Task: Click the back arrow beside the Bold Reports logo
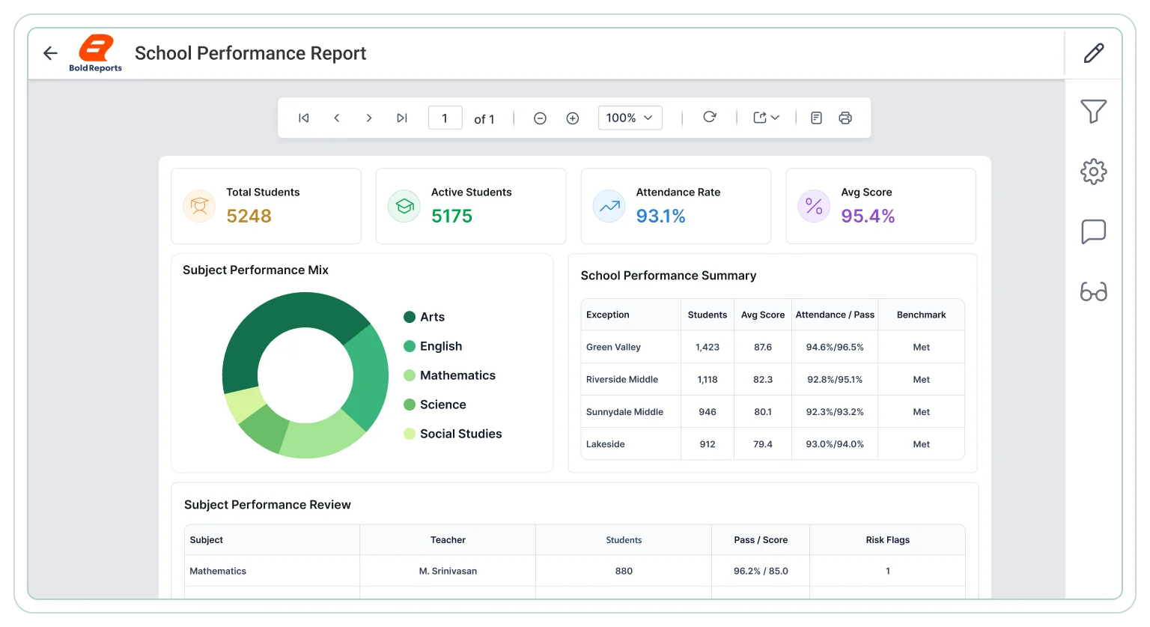50,53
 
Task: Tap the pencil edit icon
1094,53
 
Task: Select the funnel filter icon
1094,111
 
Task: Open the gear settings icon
1094,172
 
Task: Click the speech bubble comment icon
1094,231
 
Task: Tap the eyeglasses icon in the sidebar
1094,291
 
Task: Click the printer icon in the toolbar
845,118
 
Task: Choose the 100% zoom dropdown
630,118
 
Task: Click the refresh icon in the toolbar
710,117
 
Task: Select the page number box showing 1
445,118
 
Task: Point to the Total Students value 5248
249,216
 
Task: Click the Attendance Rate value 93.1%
661,216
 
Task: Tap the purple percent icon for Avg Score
814,207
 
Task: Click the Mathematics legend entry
450,375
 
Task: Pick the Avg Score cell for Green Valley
763,347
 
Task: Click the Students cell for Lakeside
708,444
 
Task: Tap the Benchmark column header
921,315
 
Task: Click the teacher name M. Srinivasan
448,571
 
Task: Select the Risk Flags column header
888,539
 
